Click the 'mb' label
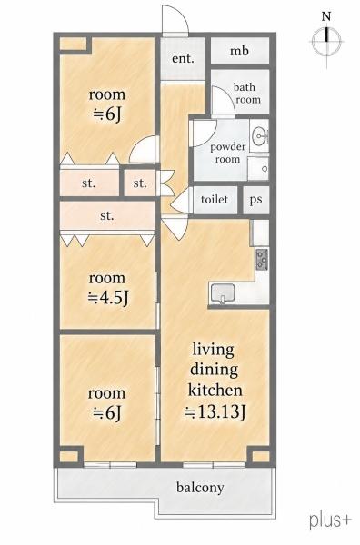click(239, 52)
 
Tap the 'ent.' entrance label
click(183, 58)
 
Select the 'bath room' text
click(247, 94)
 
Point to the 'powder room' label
click(227, 153)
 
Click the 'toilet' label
click(215, 199)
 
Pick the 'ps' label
click(255, 200)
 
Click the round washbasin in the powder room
click(259, 136)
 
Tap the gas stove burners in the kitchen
click(262, 259)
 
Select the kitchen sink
click(223, 293)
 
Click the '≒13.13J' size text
click(215, 412)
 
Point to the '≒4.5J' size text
click(108, 298)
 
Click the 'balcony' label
click(200, 487)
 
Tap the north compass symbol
click(326, 41)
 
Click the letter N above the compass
click(326, 16)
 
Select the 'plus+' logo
click(330, 520)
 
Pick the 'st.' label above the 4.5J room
click(106, 216)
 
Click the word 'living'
click(214, 351)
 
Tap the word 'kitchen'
click(215, 390)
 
